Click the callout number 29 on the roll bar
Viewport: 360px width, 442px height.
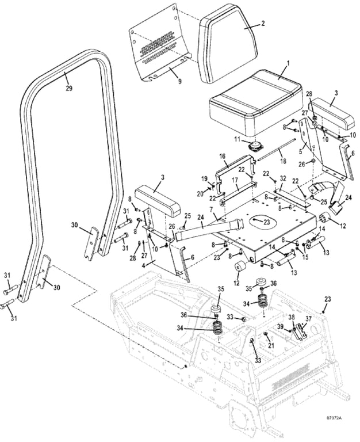69,88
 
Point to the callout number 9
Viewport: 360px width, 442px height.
180,82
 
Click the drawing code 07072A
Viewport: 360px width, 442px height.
334,425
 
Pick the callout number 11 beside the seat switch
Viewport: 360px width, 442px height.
237,139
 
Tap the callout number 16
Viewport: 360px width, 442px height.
222,157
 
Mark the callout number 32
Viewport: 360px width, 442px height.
283,178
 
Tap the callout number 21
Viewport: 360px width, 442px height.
271,345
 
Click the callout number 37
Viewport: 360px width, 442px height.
309,319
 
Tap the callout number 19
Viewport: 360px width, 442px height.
204,179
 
